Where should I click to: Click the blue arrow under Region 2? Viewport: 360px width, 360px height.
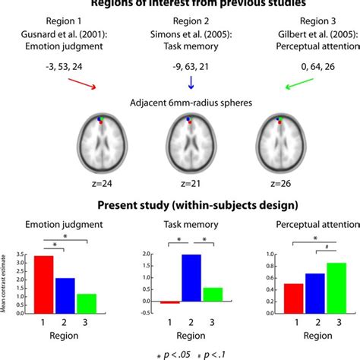coord(180,81)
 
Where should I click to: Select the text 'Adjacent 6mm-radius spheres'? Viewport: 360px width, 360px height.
coord(180,100)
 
